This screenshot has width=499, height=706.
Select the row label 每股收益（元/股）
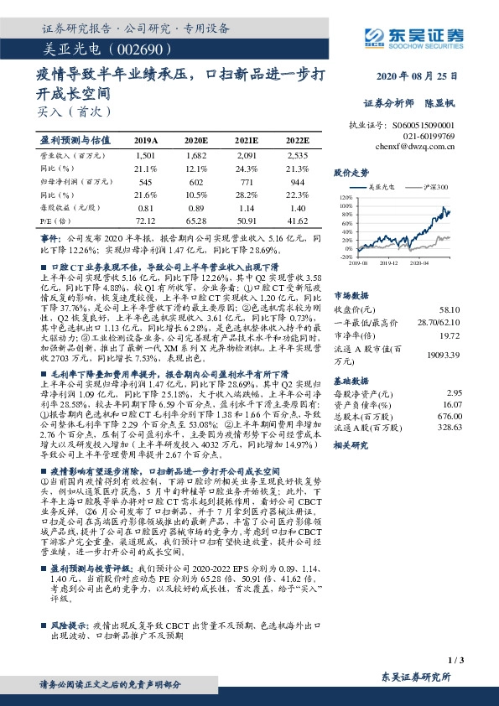(70, 208)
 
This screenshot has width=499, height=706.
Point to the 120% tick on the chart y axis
(346, 195)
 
